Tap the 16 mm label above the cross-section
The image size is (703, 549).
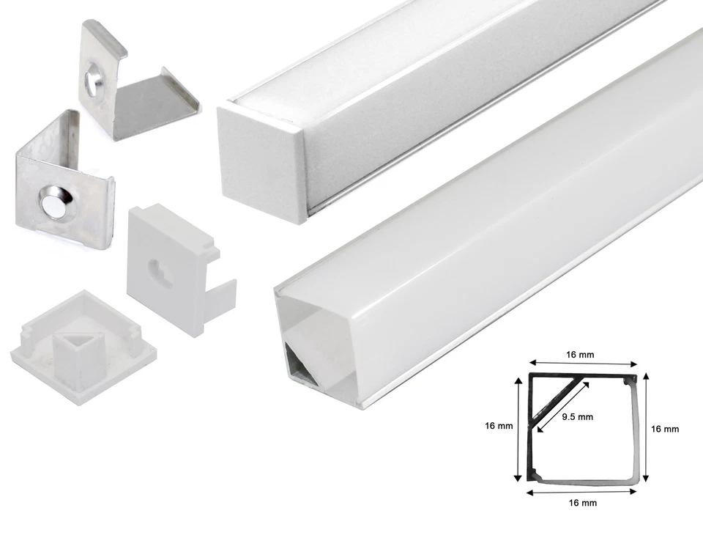click(580, 355)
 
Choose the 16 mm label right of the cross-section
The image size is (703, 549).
click(665, 429)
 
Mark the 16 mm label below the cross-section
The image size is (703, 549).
click(580, 503)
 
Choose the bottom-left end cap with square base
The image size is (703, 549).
click(81, 344)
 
